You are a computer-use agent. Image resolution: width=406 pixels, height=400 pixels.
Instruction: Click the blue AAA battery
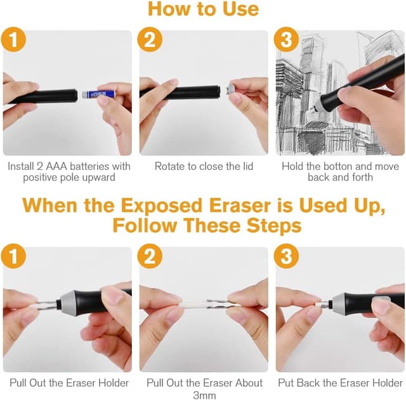(95, 94)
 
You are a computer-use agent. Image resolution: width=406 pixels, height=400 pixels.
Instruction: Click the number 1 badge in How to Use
(13, 40)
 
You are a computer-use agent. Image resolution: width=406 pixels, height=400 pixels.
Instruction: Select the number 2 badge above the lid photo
(150, 40)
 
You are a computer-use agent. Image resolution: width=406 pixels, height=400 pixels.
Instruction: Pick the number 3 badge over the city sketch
(286, 40)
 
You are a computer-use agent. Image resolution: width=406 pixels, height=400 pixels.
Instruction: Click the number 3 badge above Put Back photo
(286, 256)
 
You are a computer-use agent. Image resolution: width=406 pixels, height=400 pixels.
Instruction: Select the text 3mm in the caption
(204, 396)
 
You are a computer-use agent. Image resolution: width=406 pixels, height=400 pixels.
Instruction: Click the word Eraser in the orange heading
(240, 205)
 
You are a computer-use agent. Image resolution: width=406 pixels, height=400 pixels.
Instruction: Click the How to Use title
(203, 9)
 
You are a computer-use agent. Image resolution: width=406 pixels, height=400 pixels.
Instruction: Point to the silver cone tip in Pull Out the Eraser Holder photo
(66, 300)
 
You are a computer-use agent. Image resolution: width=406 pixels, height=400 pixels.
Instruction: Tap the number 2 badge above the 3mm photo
(150, 256)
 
